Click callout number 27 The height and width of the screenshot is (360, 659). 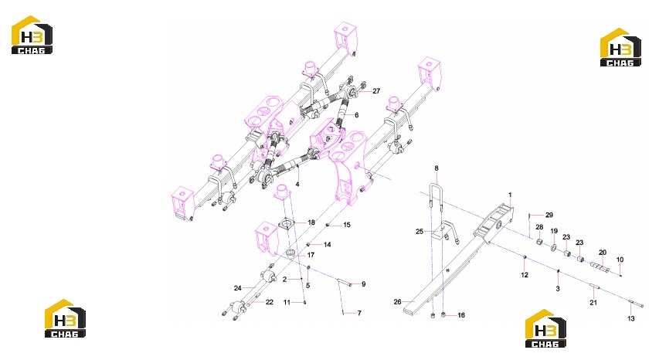coord(376,91)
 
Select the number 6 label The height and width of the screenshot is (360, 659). coord(356,115)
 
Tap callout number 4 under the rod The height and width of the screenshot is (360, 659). coord(297,184)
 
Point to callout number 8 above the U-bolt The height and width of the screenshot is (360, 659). coord(437,168)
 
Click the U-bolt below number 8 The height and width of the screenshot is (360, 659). coord(437,198)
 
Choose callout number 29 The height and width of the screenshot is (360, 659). coord(549,215)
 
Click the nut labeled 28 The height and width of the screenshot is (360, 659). coord(540,242)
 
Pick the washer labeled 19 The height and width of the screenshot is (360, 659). coord(553,247)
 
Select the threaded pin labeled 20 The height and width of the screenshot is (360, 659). coord(600,267)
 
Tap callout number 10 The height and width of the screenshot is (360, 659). coord(620,260)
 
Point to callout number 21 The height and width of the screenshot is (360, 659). coord(593,303)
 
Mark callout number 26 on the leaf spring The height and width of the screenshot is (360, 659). coord(398,301)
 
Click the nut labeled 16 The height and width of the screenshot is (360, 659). coord(443,314)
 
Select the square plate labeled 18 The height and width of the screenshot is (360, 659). coord(287,224)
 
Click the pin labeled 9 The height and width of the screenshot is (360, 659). coord(345,284)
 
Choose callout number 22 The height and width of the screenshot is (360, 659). coord(270,302)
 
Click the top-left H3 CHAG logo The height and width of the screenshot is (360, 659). coord(32,35)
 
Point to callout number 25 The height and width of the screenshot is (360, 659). coord(420,232)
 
